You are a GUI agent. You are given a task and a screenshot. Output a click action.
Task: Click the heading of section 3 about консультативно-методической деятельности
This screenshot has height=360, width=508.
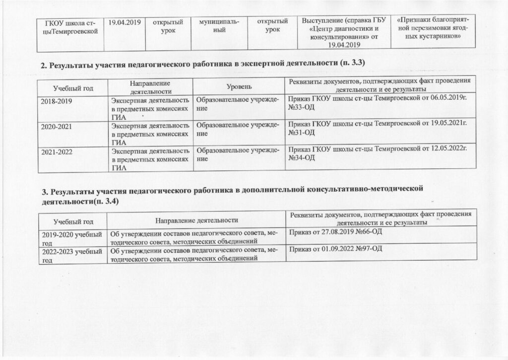[x=231, y=193]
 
